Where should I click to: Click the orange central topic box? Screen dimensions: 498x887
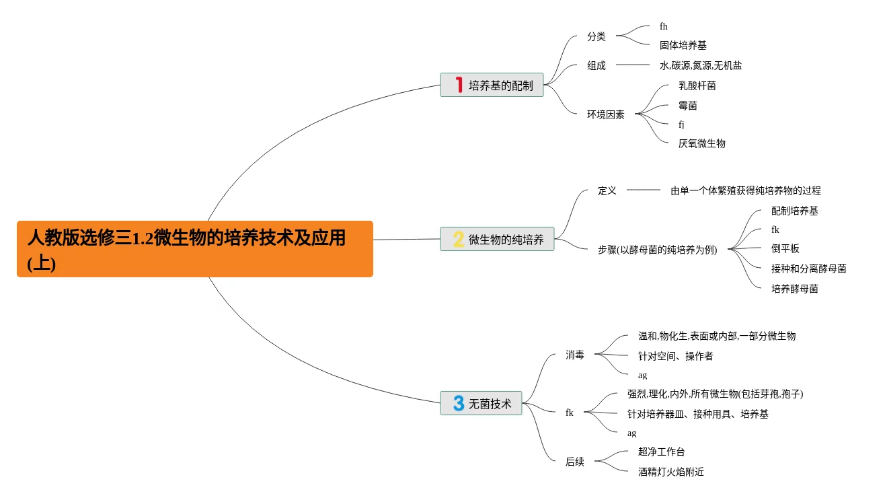(194, 249)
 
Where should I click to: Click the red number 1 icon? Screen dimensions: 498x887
(459, 85)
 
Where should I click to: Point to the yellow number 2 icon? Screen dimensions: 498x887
(459, 240)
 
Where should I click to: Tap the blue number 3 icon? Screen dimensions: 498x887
(459, 404)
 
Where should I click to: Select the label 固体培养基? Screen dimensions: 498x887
(683, 46)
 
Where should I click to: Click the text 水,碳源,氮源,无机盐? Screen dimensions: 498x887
(700, 65)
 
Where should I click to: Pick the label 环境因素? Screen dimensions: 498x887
(605, 114)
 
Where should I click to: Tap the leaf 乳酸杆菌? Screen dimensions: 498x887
(697, 86)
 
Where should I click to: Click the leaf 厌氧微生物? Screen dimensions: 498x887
(701, 143)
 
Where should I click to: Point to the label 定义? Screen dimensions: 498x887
(607, 190)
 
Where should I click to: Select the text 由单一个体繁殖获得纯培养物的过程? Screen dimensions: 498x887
(745, 191)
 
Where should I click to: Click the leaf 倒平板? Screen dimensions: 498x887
(785, 248)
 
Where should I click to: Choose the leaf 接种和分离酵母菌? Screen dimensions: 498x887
(808, 269)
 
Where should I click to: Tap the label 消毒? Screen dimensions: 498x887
(574, 355)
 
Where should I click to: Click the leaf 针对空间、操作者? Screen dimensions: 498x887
(675, 356)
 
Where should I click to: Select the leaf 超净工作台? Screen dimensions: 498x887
(661, 452)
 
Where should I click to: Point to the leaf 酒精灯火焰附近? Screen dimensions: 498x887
(670, 472)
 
